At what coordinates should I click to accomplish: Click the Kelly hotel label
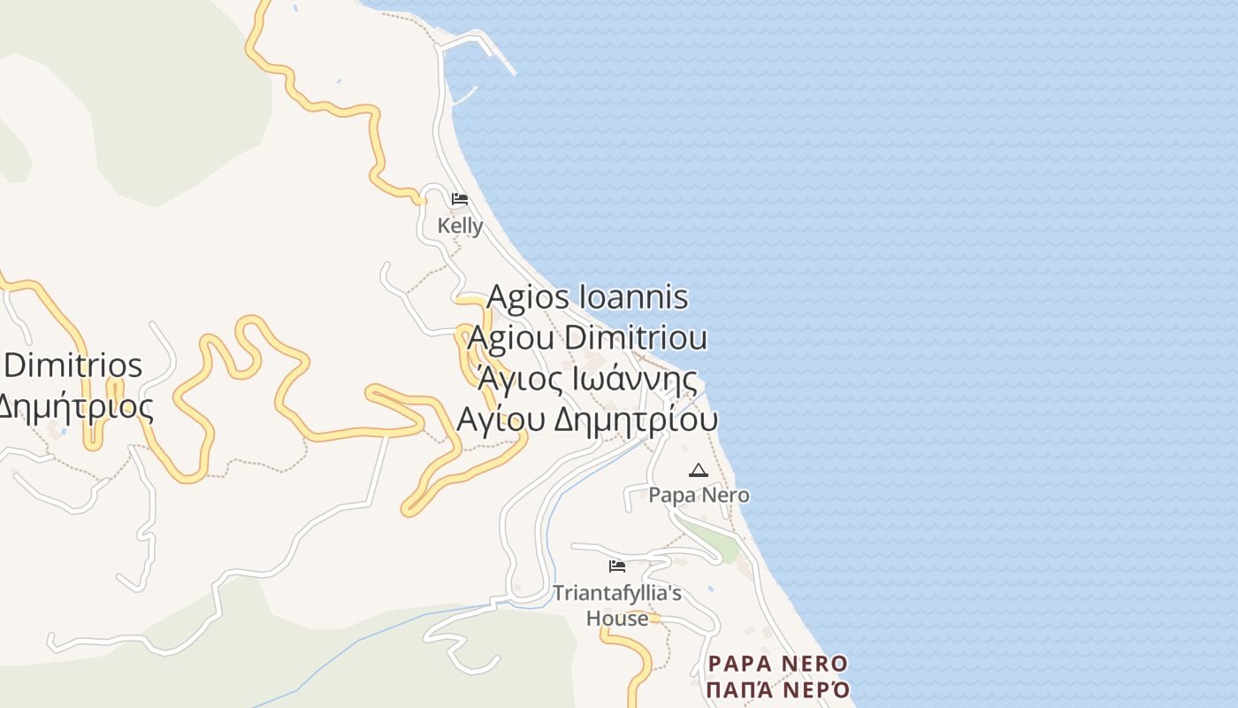click(460, 227)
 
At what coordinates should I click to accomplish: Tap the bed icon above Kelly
click(459, 199)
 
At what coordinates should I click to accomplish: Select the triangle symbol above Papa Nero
click(699, 470)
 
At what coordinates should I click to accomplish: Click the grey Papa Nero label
click(699, 495)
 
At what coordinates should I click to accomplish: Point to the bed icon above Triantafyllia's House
click(617, 566)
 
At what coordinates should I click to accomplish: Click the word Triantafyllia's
click(617, 592)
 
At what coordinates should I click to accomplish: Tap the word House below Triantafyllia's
click(617, 618)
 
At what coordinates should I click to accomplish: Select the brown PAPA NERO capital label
click(778, 664)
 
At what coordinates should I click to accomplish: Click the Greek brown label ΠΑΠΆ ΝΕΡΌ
click(778, 689)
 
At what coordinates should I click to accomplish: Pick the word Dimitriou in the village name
click(635, 338)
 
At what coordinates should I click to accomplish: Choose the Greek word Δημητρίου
click(635, 420)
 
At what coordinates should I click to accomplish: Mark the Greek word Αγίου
click(500, 420)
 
